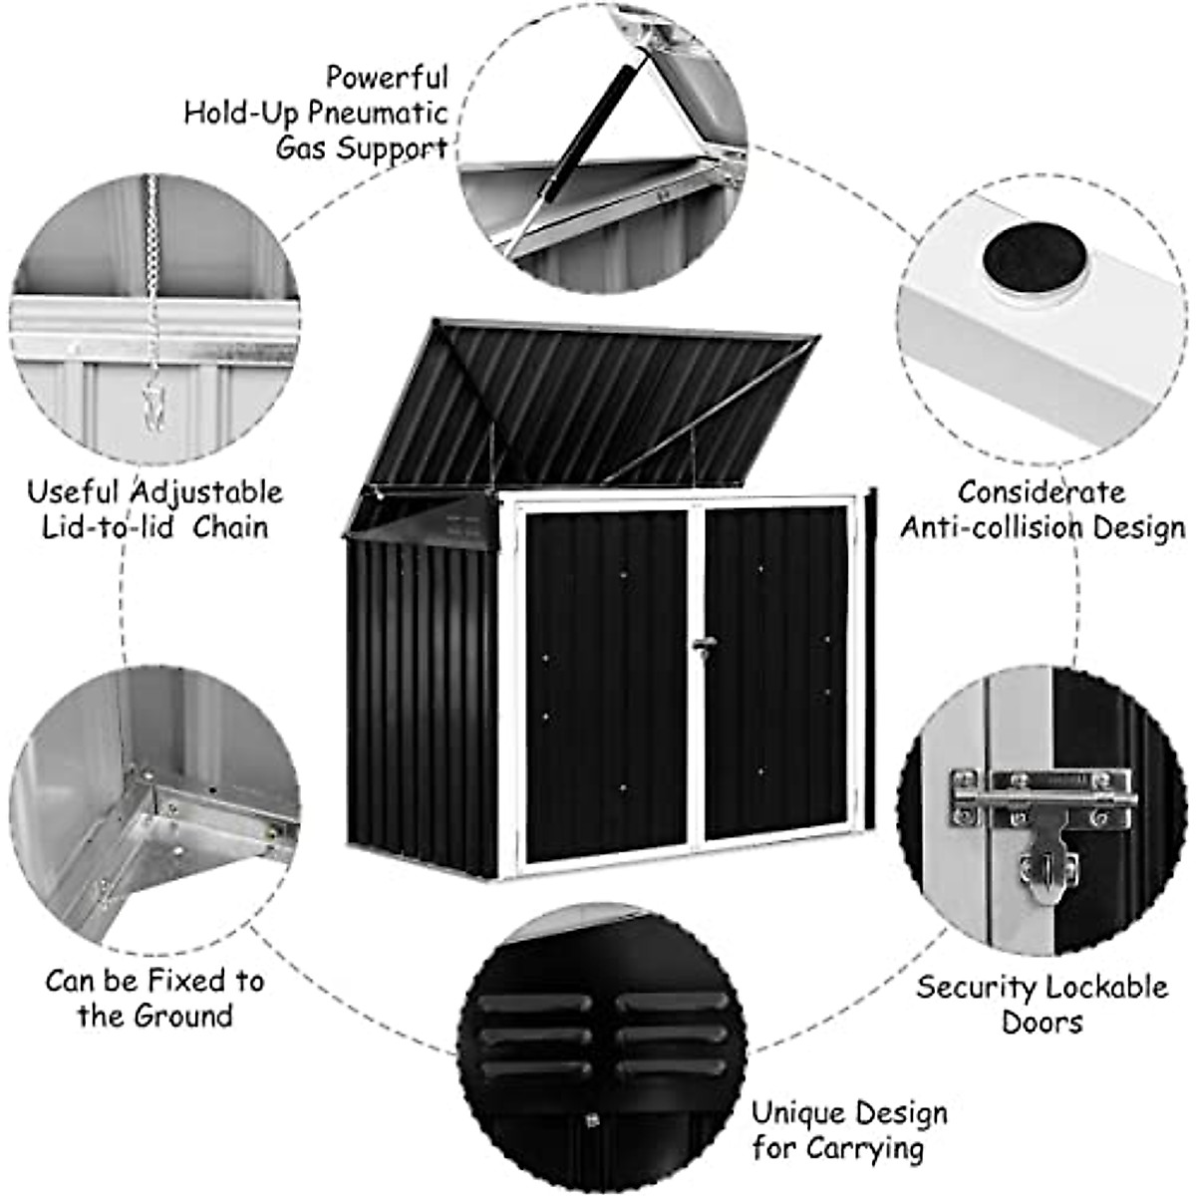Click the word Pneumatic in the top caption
[378, 113]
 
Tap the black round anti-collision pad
[1034, 259]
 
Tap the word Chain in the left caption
[230, 527]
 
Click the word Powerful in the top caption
[387, 77]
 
